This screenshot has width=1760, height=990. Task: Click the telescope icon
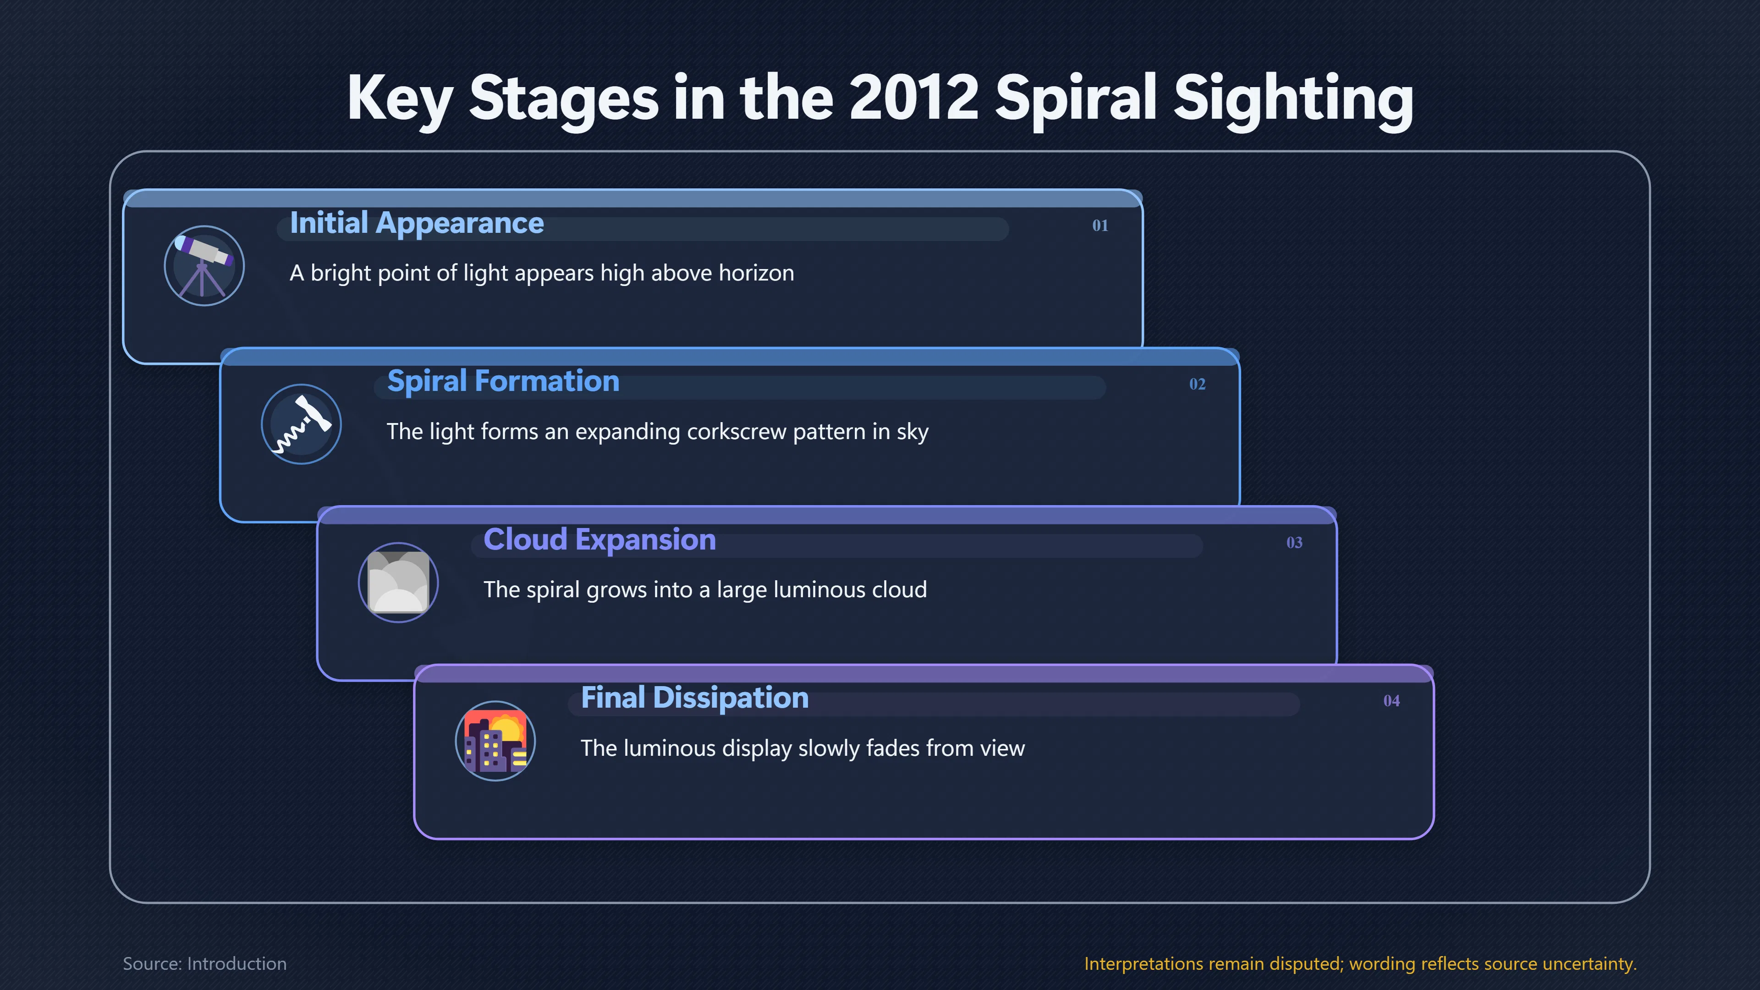pos(203,266)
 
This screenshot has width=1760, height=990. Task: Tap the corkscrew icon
pos(301,424)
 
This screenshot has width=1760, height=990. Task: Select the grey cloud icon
pos(398,582)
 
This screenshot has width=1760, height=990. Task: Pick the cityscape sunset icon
pos(495,741)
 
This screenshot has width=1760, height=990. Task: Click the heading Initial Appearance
pos(417,223)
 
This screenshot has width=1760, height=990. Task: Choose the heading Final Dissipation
pos(695,698)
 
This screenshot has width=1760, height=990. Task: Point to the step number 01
pos(1100,225)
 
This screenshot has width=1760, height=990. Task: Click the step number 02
pos(1197,384)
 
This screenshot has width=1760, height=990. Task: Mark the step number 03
pos(1294,543)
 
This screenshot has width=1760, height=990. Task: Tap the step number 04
pos(1391,701)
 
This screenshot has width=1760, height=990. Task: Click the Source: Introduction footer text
pos(205,963)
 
